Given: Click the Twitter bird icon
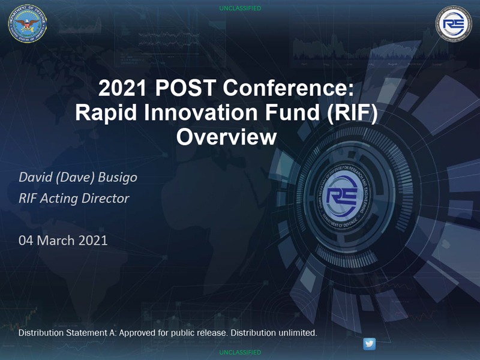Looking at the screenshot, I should coord(369,344).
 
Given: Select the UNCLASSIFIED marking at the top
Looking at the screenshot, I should coord(240,8).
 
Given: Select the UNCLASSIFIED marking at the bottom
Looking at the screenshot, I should coord(240,352).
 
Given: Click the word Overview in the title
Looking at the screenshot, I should coord(226,137).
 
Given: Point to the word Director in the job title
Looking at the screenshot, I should coord(104,198).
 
